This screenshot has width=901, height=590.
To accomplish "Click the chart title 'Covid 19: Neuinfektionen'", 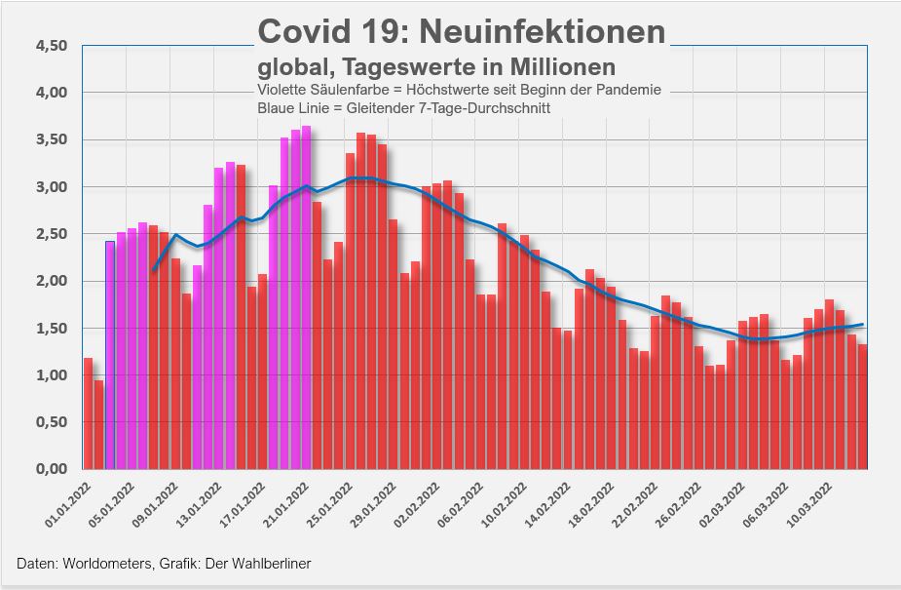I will [x=462, y=31].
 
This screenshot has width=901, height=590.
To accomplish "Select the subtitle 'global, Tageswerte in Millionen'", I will [x=436, y=67].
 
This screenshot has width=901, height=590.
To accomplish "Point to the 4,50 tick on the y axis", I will [x=50, y=46].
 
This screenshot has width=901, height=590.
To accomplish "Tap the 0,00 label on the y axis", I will [x=50, y=470].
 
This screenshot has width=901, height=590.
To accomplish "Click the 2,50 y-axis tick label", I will [x=50, y=234].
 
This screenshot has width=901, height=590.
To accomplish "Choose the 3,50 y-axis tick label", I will [x=50, y=139].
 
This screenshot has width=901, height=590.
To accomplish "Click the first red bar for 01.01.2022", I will [x=88, y=413].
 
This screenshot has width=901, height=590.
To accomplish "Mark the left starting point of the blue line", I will [x=153, y=270].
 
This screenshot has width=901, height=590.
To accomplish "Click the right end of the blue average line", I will [x=864, y=324].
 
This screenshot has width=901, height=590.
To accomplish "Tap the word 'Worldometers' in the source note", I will [x=94, y=564].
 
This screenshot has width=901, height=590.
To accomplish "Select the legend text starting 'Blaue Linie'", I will [x=403, y=108].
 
